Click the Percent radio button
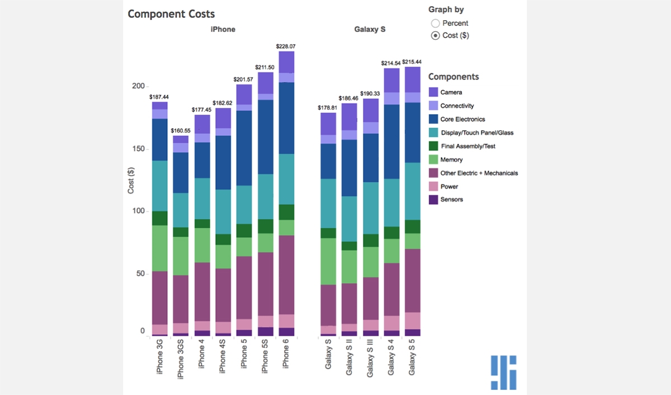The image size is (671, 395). pos(436,23)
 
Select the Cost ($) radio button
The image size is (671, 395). pos(436,36)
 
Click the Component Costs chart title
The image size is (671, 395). pos(171,14)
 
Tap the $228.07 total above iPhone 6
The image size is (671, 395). pos(286,46)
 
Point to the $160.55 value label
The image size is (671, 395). pos(181,130)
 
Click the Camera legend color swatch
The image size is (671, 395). pos(433,92)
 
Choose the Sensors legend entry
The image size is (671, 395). pos(451,200)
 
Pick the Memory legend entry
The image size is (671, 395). pos(451,159)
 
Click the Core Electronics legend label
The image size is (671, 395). pos(462,119)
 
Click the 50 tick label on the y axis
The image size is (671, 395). pos(140,274)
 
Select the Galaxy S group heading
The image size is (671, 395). pos(370,29)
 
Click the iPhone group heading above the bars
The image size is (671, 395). pos(223,29)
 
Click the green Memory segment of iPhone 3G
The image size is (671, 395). pos(160,248)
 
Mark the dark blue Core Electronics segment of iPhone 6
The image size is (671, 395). pos(286,117)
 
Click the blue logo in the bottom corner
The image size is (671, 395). pos(504,372)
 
